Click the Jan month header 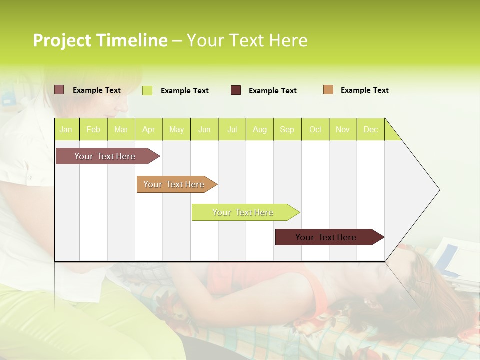(x=66, y=129)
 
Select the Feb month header (x=93, y=129)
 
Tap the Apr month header (x=149, y=129)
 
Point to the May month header (x=176, y=129)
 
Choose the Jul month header (x=232, y=129)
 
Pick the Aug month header (x=260, y=129)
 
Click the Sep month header (x=287, y=129)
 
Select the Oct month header (x=315, y=129)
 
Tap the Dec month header (x=371, y=129)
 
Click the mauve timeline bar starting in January (x=105, y=156)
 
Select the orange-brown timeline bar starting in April (x=174, y=184)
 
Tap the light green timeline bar (x=243, y=212)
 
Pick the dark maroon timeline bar (x=326, y=237)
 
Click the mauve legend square (x=59, y=90)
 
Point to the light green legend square (x=147, y=90)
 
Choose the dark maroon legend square (x=236, y=90)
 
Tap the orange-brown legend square (x=328, y=90)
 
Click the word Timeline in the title (x=132, y=40)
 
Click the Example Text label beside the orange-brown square (x=364, y=90)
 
